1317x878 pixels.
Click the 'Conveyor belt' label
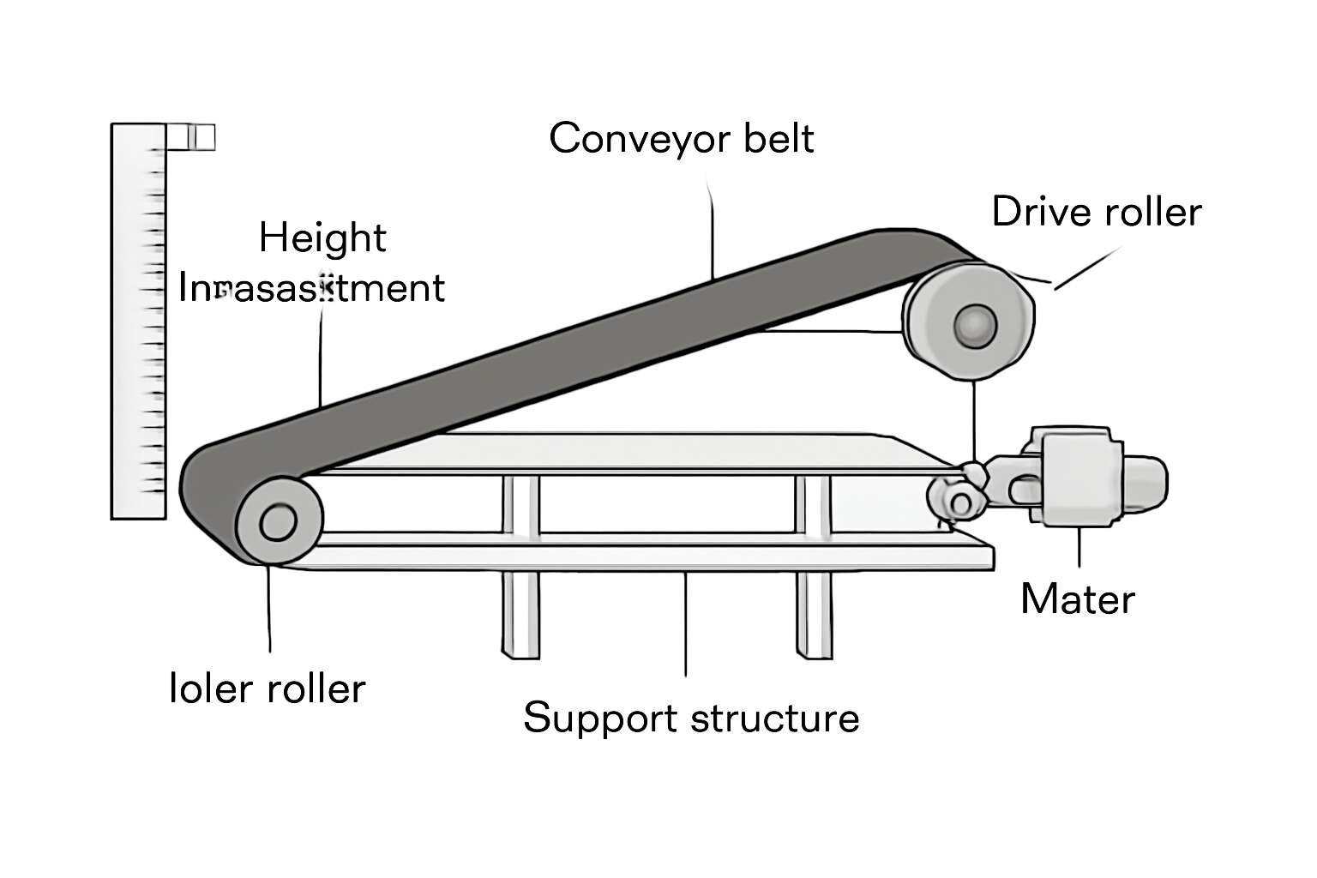click(x=681, y=138)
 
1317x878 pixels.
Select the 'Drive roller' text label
click(x=1096, y=212)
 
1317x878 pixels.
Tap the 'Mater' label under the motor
click(x=1077, y=598)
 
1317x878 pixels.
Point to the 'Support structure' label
click(x=690, y=717)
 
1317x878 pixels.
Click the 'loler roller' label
click(x=268, y=689)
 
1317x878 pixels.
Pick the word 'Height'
click(x=322, y=238)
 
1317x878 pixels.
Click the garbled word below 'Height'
click(x=311, y=288)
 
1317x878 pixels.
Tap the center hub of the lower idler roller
click(x=277, y=521)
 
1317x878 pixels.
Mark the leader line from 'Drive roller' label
click(x=1086, y=269)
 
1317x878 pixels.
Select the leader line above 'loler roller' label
click(x=269, y=609)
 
